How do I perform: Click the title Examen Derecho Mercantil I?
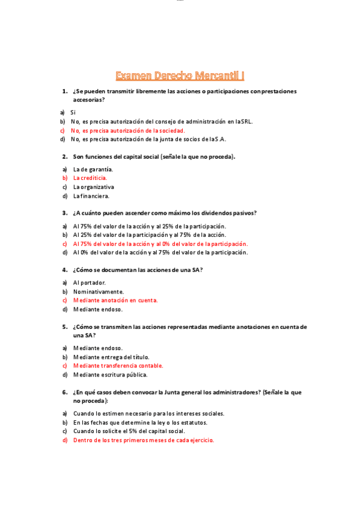[180, 75]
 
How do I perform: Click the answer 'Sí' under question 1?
[73, 112]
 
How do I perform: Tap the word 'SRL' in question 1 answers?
[246, 121]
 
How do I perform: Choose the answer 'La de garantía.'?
[93, 169]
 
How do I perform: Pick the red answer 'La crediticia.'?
[90, 178]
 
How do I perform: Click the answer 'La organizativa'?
[93, 187]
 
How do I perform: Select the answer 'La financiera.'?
[91, 195]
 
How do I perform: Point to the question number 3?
[64, 213]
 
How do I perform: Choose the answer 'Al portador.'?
[89, 282]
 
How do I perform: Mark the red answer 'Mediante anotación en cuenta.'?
[115, 300]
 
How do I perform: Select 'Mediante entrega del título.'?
[111, 357]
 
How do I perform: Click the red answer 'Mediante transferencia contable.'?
[118, 366]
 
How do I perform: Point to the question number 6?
[64, 392]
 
